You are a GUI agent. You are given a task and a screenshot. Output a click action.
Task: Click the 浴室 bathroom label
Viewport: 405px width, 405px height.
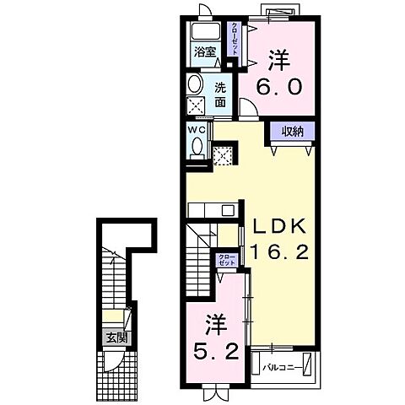tap(204, 52)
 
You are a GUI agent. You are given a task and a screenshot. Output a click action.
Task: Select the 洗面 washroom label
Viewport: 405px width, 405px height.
tap(219, 94)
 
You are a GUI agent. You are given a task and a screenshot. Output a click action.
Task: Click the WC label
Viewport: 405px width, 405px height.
tap(195, 131)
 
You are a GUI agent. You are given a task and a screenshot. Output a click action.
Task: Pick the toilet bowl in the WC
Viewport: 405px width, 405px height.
tap(197, 148)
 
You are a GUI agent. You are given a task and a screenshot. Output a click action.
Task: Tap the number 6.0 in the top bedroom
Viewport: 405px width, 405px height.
tap(279, 87)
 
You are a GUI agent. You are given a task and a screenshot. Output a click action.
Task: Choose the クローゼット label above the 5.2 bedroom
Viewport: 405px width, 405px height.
tap(226, 259)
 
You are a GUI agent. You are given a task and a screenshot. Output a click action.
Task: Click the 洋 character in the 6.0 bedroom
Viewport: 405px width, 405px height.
tap(279, 60)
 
